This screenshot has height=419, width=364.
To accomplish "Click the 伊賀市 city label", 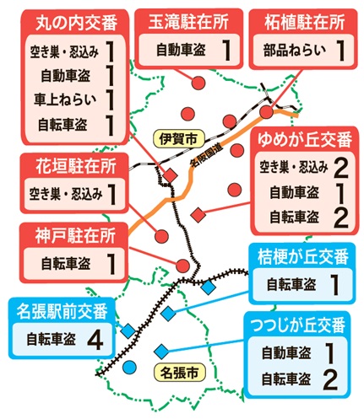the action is click(x=179, y=139).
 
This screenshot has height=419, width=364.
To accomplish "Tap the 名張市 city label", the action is click(x=180, y=373).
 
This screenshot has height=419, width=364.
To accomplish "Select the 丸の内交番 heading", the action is click(x=76, y=23).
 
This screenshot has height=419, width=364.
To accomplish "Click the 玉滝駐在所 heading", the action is click(x=188, y=22).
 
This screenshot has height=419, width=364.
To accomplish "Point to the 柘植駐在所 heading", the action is click(x=304, y=22).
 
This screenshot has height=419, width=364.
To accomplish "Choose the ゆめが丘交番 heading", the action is click(x=305, y=139).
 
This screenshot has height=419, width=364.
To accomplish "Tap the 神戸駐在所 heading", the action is click(x=75, y=235).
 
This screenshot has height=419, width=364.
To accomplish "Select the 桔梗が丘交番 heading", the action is click(x=303, y=256).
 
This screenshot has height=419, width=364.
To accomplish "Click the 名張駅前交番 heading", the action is click(x=62, y=311).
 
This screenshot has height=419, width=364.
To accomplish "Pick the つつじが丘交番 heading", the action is click(x=298, y=325).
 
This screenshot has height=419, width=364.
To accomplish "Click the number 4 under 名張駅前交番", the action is click(x=95, y=340).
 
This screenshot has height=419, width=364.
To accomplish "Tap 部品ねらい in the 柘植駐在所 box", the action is click(x=295, y=51).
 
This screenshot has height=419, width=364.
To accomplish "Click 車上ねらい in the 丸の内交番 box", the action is click(x=65, y=99).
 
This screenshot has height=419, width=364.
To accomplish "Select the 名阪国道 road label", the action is click(x=206, y=155).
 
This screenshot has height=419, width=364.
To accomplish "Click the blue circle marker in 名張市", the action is click(x=130, y=367).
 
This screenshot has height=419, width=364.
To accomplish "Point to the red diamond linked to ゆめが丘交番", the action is click(x=198, y=215).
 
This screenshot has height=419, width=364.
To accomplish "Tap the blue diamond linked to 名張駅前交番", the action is click(x=128, y=330).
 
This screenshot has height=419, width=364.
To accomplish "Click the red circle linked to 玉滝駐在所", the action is click(x=198, y=83).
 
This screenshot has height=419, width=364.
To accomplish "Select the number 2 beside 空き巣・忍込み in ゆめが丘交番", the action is click(x=341, y=169).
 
